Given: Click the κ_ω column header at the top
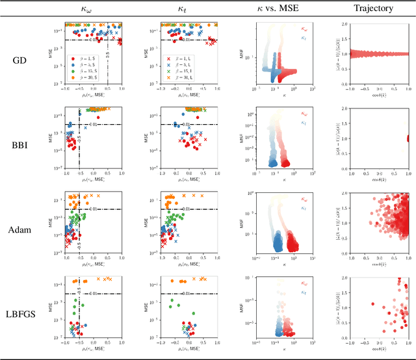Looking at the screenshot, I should [x=87, y=9].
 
